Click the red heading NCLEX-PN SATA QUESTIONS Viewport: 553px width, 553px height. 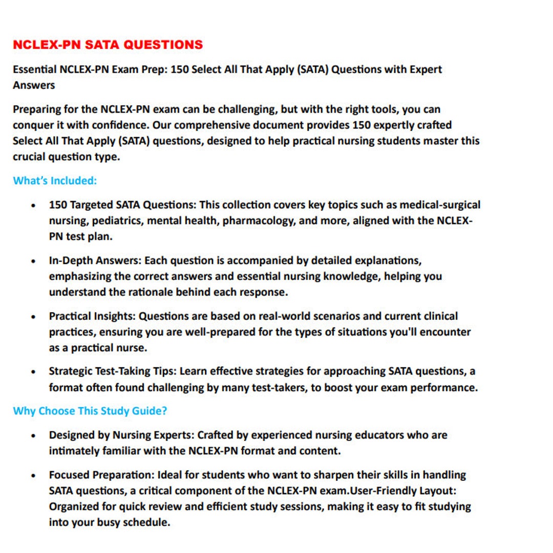[x=108, y=45]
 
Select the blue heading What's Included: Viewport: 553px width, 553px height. [x=55, y=181]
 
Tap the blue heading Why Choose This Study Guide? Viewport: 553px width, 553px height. [x=90, y=411]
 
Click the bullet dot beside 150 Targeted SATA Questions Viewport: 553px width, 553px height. [x=33, y=206]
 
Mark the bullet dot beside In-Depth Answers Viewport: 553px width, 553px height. [x=33, y=261]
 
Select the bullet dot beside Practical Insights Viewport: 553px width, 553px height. [x=33, y=317]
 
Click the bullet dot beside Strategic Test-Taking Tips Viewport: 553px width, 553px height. [x=33, y=372]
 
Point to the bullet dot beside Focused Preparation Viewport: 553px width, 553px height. [x=33, y=476]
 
